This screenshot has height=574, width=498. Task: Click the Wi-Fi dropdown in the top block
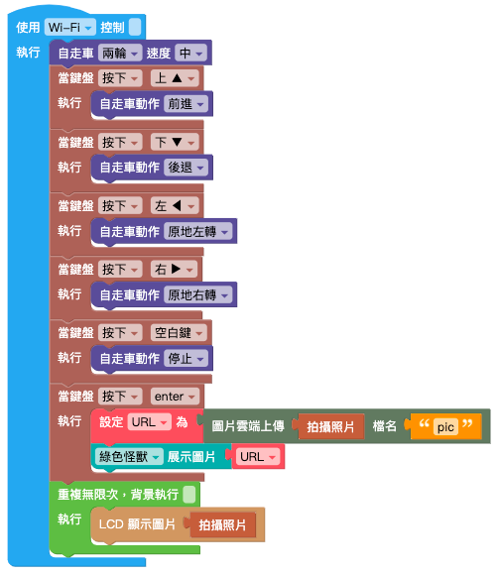coord(70,27)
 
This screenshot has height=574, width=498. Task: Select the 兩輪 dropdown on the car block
coord(120,54)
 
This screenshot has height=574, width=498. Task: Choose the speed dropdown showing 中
coord(190,54)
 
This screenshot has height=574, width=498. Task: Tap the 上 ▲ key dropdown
coord(175,78)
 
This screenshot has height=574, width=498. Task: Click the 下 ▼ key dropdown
coord(175,142)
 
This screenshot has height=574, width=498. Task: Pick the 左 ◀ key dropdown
coord(175,206)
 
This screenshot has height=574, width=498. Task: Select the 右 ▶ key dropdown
coord(174,270)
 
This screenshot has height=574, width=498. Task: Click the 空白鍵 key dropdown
coord(179,333)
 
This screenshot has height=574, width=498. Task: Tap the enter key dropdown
coord(175,397)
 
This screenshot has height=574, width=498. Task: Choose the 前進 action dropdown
coord(186,104)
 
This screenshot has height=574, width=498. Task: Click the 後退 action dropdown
coord(186,168)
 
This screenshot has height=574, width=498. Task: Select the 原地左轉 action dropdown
coord(197,231)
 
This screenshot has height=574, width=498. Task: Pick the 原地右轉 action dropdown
coord(197,295)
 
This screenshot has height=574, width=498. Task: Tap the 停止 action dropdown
coord(186,359)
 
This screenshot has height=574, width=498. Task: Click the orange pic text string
coord(446,426)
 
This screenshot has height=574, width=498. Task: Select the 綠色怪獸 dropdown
coord(129,457)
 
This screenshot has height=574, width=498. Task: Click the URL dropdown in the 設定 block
coord(149,422)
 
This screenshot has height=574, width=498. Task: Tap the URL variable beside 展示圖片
coord(258,457)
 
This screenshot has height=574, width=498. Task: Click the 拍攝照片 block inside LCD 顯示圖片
coord(222,525)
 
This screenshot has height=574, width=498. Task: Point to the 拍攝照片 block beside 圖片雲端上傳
coord(331,426)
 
